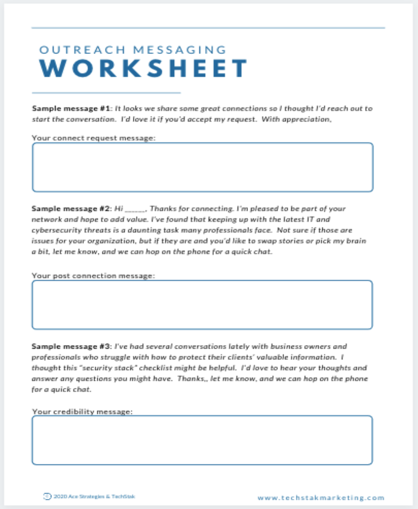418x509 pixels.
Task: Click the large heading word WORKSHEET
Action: [144, 69]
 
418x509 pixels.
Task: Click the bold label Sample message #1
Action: [71, 108]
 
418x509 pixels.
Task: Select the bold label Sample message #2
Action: [71, 209]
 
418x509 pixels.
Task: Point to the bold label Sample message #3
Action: [71, 346]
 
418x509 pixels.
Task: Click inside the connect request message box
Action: [203, 167]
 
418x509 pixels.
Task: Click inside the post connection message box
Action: [203, 304]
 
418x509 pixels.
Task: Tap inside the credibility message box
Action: [203, 440]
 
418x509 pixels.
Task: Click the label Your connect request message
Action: [93, 138]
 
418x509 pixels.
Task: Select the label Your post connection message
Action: [93, 276]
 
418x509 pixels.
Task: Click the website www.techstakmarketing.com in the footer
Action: [321, 498]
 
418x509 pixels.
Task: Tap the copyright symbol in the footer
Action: [47, 496]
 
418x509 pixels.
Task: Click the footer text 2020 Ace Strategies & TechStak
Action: [94, 496]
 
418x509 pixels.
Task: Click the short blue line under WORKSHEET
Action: [106, 93]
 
